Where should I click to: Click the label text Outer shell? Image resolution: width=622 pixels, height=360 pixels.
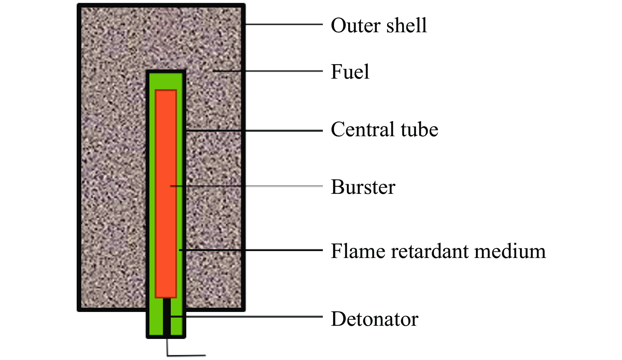click(x=378, y=25)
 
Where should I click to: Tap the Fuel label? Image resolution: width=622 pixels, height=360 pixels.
click(x=350, y=71)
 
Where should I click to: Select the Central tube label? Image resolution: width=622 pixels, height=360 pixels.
click(x=384, y=129)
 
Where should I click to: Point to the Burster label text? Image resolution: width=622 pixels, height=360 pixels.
click(x=363, y=187)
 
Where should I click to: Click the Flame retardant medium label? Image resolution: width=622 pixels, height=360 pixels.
click(x=438, y=251)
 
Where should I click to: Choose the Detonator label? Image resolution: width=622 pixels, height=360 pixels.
click(x=375, y=319)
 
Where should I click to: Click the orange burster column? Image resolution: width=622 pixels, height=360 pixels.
click(x=166, y=193)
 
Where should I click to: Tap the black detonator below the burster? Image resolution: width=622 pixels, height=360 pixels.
click(x=167, y=317)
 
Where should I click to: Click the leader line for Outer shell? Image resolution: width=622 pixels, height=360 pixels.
click(x=284, y=24)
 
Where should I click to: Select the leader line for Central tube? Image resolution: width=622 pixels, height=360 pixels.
click(x=254, y=131)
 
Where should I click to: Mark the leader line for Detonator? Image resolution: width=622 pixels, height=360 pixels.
click(x=246, y=317)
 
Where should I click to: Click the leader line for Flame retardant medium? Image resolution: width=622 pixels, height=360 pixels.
click(x=251, y=250)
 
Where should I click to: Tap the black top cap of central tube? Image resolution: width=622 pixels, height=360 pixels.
click(x=166, y=71)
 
